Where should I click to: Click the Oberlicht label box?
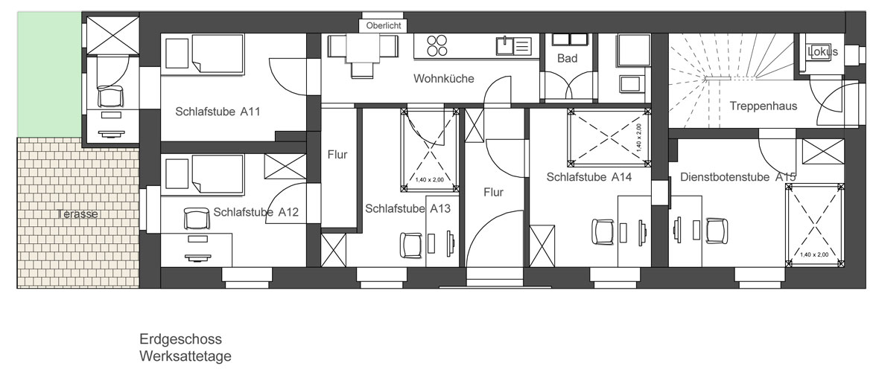click(383, 25)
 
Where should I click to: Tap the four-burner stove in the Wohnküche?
click(437, 45)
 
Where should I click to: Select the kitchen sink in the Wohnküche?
click(513, 45)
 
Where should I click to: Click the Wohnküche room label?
click(444, 79)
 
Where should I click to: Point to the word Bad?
click(567, 58)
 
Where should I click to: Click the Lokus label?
click(822, 52)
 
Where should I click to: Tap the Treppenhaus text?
click(763, 106)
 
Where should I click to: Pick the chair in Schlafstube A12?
click(196, 218)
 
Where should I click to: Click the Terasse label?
click(77, 214)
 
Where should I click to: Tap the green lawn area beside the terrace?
click(50, 74)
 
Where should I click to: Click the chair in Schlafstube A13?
click(410, 246)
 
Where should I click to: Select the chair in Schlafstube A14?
click(603, 231)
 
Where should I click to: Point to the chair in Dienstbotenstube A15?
click(717, 231)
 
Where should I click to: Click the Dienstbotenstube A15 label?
click(738, 177)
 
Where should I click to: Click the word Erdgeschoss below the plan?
click(180, 339)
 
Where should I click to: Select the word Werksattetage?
click(185, 356)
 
